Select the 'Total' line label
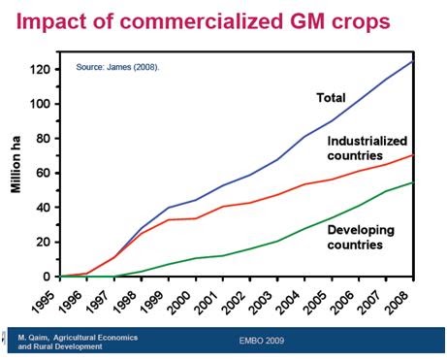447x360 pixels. (332, 97)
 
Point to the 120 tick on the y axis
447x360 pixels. (40, 70)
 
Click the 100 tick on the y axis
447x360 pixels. (40, 104)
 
